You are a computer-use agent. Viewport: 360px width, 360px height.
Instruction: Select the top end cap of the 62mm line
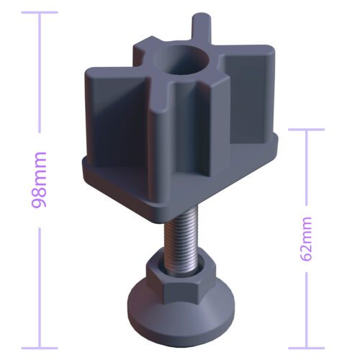pyautogui.click(x=307, y=130)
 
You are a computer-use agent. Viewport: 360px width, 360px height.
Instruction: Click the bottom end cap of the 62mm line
pyautogui.click(x=307, y=348)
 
